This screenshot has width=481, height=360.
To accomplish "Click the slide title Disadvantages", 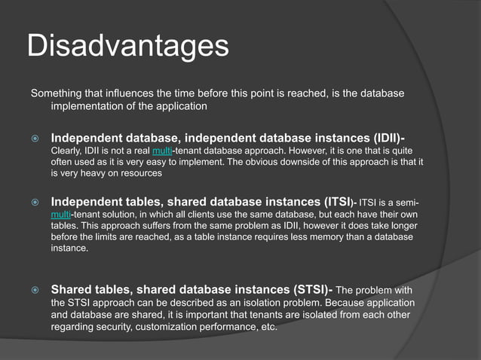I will pyautogui.click(x=127, y=46).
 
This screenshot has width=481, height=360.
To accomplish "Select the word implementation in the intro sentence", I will pyautogui.click(x=88, y=107).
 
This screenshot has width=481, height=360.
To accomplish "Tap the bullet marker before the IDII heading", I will pyautogui.click(x=34, y=139).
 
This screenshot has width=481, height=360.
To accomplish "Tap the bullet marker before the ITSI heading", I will pyautogui.click(x=34, y=203).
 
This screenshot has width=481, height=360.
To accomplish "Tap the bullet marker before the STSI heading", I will pyautogui.click(x=34, y=290).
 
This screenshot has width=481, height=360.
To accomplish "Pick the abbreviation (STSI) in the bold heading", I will pyautogui.click(x=305, y=289).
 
